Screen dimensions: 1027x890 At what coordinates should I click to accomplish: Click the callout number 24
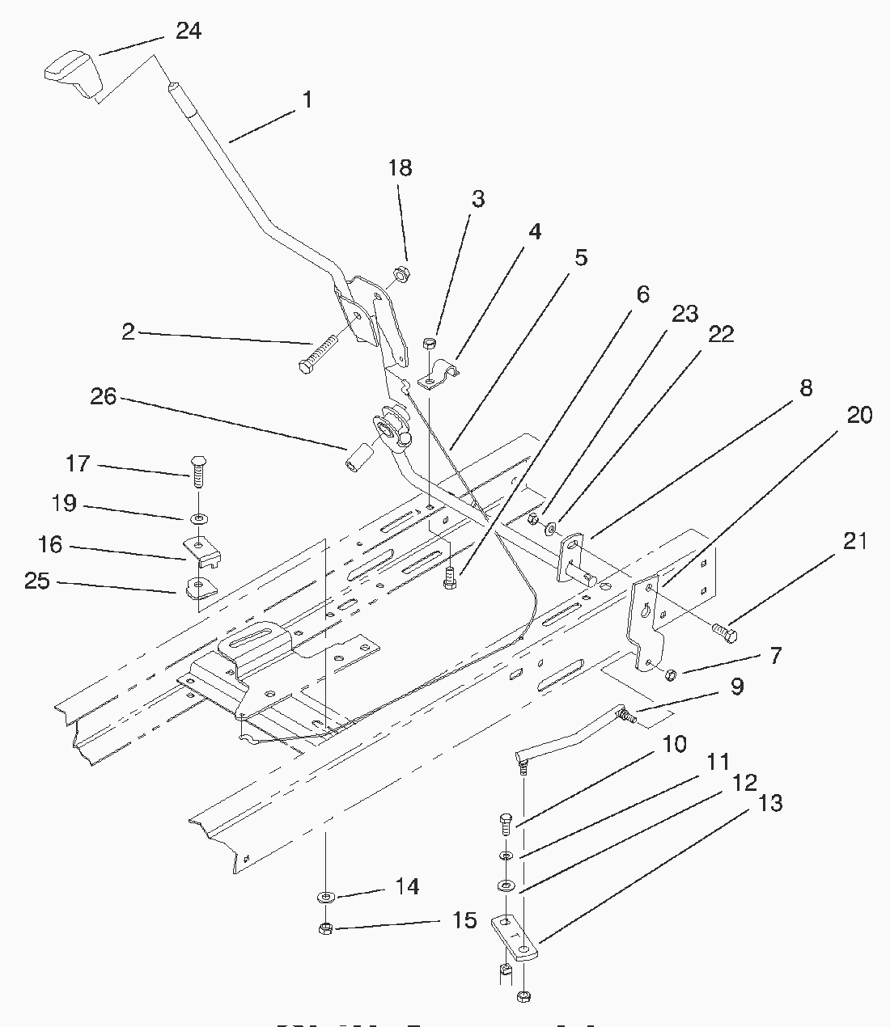(189, 31)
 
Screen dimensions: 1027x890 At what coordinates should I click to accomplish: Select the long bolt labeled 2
(324, 357)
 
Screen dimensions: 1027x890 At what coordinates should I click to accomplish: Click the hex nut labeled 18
(399, 275)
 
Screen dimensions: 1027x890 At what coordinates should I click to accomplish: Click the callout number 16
(50, 544)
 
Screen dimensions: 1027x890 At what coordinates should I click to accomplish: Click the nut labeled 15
(324, 928)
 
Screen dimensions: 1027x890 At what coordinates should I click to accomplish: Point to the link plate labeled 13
(515, 935)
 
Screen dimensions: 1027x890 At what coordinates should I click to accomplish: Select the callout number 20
(859, 415)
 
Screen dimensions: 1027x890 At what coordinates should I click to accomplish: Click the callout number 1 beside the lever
(307, 99)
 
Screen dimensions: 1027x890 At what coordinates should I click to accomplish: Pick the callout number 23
(684, 314)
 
